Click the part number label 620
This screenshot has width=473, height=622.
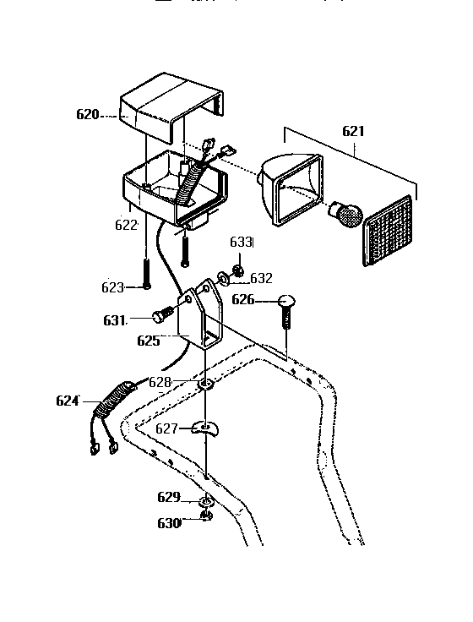[x=88, y=114]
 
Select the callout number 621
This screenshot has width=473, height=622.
[x=353, y=131]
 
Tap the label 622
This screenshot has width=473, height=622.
[x=126, y=225]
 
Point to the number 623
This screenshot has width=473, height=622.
[x=113, y=287]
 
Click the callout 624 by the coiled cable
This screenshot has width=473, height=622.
[x=68, y=401]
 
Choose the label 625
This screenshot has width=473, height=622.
[x=148, y=341]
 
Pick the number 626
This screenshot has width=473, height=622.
[x=243, y=299]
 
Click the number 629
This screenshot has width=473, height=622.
[x=169, y=496]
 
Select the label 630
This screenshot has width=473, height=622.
[x=169, y=523]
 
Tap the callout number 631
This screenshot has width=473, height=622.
[x=115, y=319]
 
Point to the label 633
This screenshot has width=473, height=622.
[x=242, y=243]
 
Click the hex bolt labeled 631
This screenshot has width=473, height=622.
[x=163, y=317]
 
